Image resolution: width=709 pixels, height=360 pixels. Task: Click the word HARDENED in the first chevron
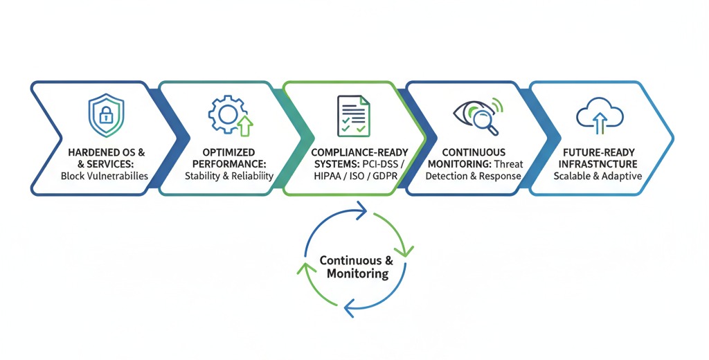(88, 152)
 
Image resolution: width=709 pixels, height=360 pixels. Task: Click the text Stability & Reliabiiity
(229, 176)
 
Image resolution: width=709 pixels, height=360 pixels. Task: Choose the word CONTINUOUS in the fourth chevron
(474, 152)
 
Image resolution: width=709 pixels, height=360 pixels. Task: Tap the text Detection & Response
(474, 176)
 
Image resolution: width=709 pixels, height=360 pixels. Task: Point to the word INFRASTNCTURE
(598, 164)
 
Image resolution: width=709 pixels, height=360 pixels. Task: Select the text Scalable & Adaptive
(598, 176)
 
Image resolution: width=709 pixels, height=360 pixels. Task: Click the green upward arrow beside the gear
(244, 125)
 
